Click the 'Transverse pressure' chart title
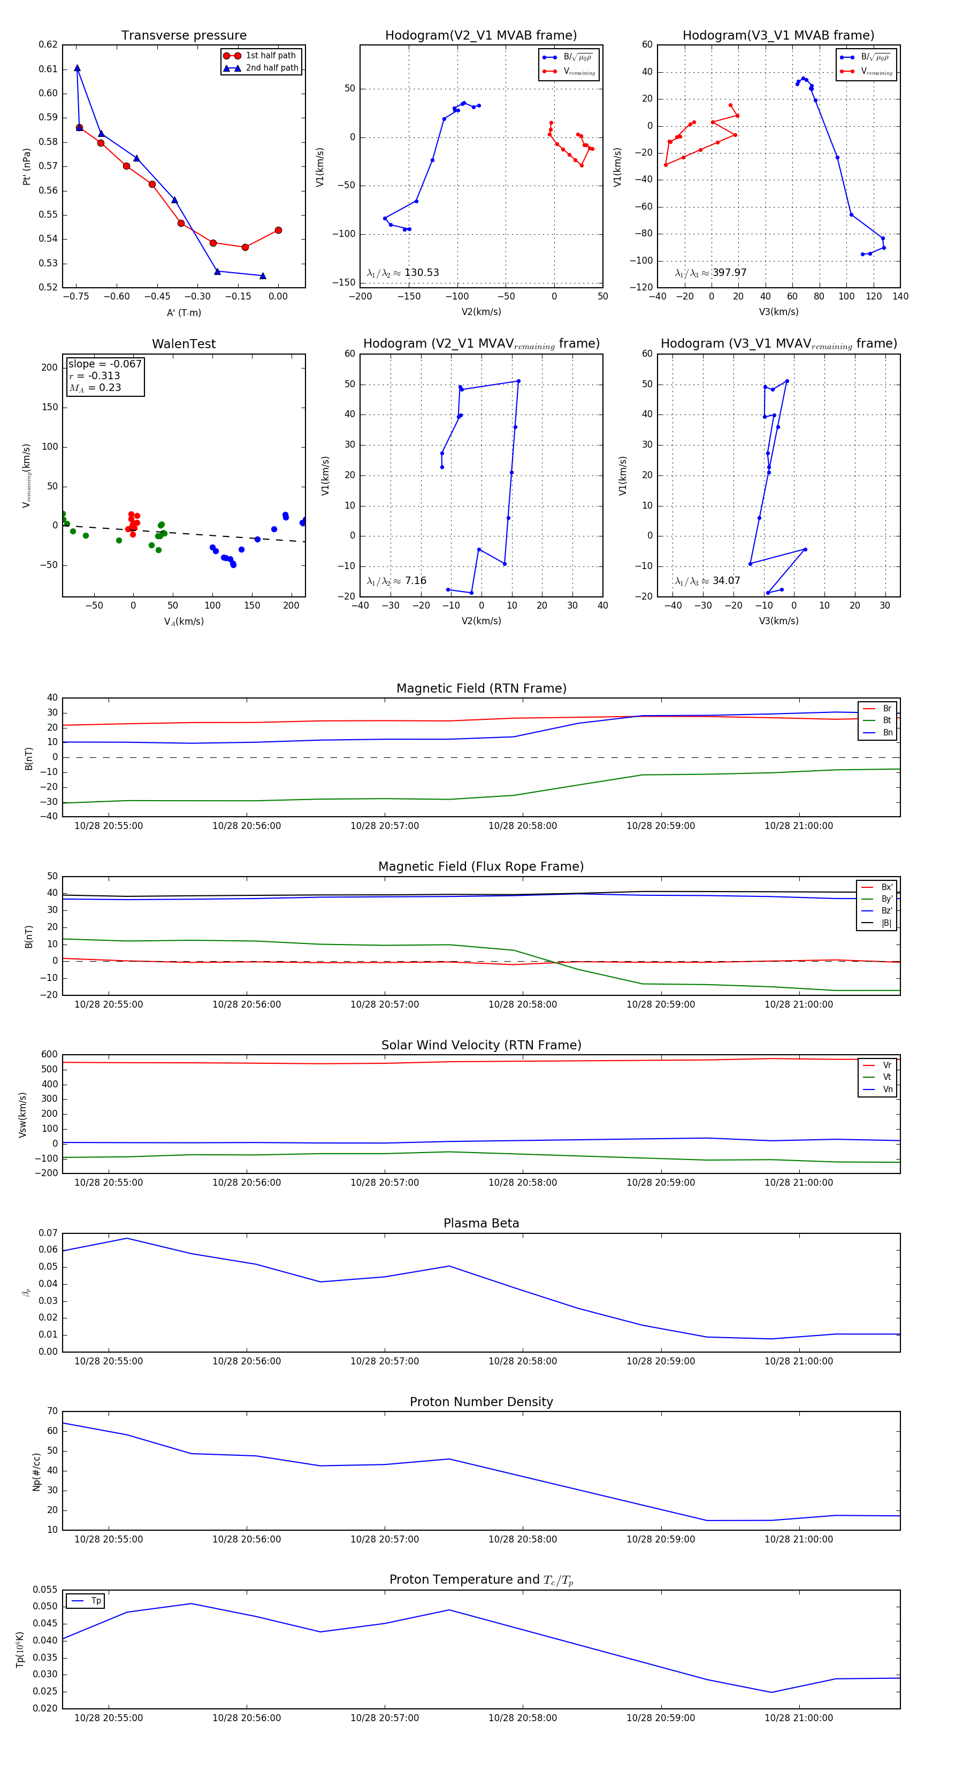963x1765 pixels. coord(184,36)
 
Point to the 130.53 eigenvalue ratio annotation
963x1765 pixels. coord(403,273)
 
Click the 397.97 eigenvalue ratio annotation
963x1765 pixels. coord(711,273)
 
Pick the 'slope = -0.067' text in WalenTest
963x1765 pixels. coord(105,364)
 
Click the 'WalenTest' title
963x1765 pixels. coord(184,344)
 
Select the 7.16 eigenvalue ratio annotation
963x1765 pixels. coord(397,581)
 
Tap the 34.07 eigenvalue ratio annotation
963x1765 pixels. coord(708,581)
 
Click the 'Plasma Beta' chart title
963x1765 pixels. coord(481,1224)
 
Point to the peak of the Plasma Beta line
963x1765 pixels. coord(127,1238)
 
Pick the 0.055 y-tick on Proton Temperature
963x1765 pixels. coord(47,1590)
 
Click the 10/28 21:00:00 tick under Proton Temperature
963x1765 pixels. coord(799,1718)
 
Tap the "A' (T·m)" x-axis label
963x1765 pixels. coord(184,312)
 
